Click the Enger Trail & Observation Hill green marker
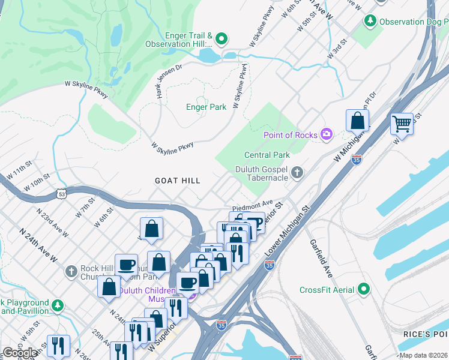click(221, 40)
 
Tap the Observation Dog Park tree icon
click(370, 21)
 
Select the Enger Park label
click(206, 107)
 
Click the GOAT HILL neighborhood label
click(177, 181)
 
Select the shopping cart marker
click(402, 124)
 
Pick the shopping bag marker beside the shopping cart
click(357, 121)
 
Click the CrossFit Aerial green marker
click(364, 290)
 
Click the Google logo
click(20, 353)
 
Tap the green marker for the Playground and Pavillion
click(57, 306)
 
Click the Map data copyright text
click(423, 355)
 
